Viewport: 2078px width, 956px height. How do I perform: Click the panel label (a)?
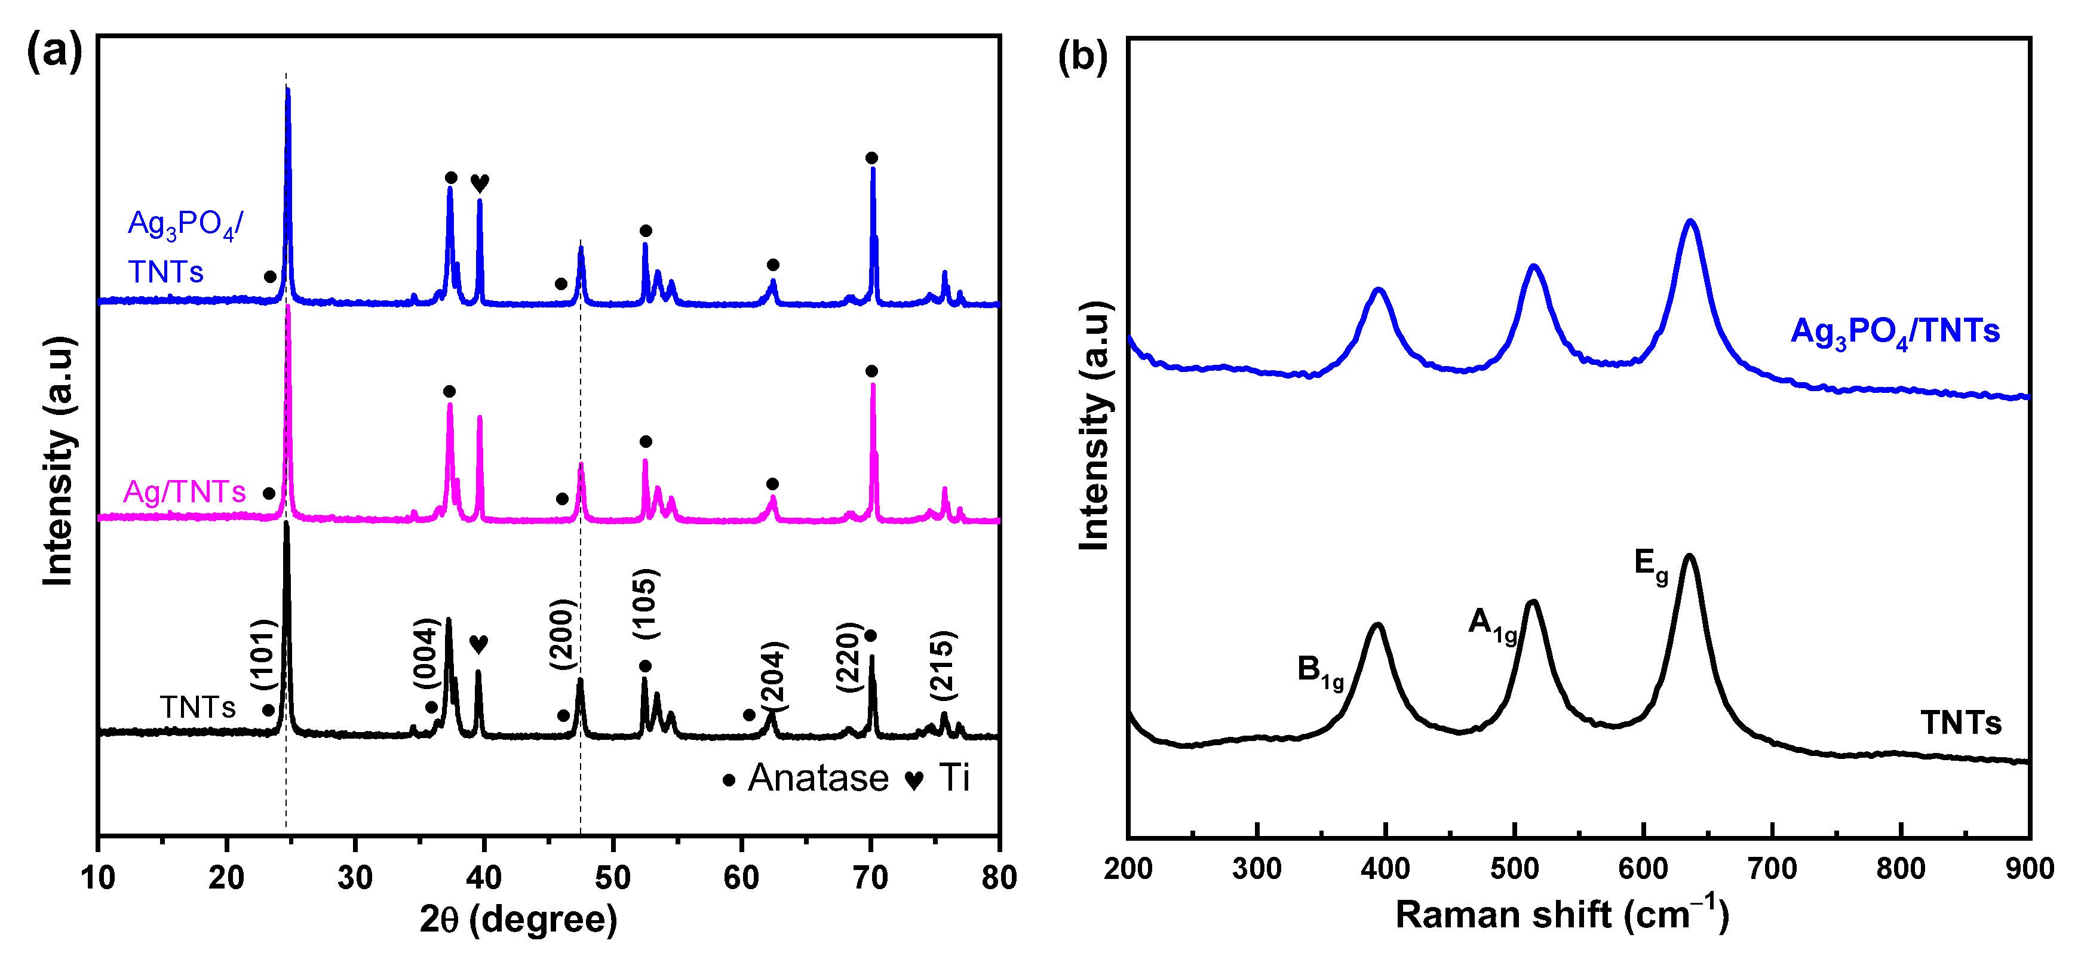tap(54, 53)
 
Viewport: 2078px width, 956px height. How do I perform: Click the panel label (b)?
tap(1082, 57)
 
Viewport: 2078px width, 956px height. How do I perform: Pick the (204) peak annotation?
tap(773, 676)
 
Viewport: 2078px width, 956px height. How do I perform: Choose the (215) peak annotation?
tap(941, 666)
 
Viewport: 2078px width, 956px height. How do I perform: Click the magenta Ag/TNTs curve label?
tap(184, 491)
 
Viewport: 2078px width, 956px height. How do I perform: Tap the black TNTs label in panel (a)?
tap(198, 708)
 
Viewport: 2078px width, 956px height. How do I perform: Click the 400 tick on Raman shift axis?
tap(1385, 869)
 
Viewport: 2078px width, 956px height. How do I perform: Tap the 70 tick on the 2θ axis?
tap(870, 878)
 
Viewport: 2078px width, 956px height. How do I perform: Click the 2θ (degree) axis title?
tap(518, 919)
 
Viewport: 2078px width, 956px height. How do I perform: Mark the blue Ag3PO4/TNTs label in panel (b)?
tap(1895, 331)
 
